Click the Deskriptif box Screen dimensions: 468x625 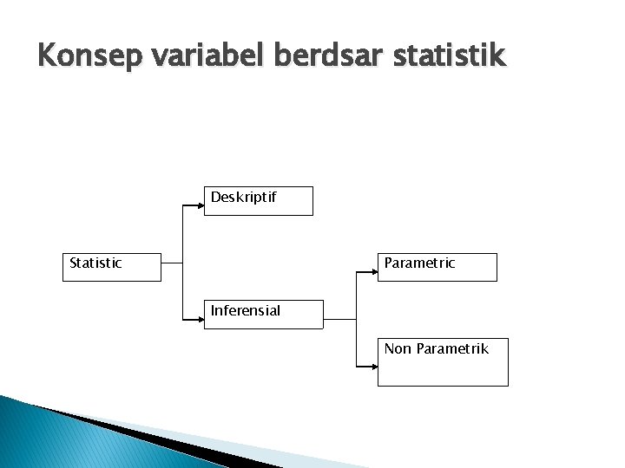coord(258,200)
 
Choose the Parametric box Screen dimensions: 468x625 coord(437,267)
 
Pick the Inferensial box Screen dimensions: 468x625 coord(263,314)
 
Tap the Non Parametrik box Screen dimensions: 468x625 coord(442,361)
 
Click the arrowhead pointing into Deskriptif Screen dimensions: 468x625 coord(200,206)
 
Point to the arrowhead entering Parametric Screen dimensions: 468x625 coord(373,274)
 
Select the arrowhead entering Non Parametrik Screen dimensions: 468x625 coord(373,366)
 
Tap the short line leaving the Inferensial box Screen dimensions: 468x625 coord(339,320)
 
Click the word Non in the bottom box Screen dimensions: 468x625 coord(398,349)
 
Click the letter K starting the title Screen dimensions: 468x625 coord(47,56)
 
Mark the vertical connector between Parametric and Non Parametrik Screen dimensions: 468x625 coord(357,320)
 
